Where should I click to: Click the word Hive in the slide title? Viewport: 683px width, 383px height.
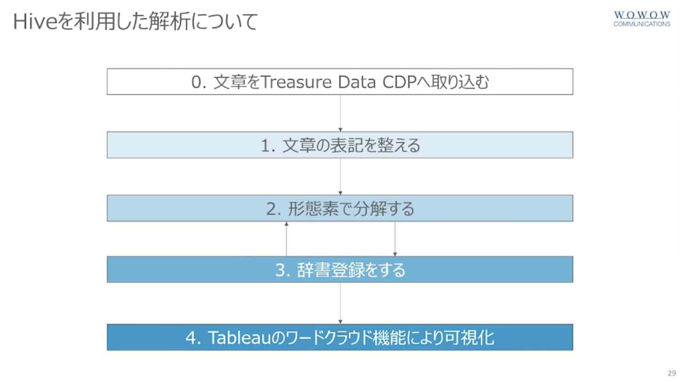click(x=35, y=22)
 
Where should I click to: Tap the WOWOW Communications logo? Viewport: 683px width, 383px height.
click(x=642, y=19)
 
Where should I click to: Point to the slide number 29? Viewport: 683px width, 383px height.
click(x=671, y=373)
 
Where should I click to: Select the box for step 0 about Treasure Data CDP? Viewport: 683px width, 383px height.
click(x=340, y=81)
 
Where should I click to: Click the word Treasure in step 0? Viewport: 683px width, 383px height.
click(x=296, y=82)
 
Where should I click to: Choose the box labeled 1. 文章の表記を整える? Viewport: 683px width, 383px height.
click(x=340, y=145)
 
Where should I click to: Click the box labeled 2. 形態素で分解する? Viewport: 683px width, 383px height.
click(x=340, y=209)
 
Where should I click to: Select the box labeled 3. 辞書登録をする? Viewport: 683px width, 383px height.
click(x=340, y=270)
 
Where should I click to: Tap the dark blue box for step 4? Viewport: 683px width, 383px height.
click(x=340, y=338)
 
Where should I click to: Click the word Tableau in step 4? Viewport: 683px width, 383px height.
click(x=239, y=338)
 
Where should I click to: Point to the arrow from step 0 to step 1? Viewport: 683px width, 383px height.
click(x=340, y=113)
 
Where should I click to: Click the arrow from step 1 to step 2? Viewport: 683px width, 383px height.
click(x=340, y=177)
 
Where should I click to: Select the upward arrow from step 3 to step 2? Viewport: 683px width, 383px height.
click(x=286, y=239)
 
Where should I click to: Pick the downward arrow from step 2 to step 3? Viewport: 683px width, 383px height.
click(x=395, y=239)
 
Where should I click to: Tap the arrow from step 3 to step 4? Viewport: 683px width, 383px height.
click(x=340, y=304)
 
